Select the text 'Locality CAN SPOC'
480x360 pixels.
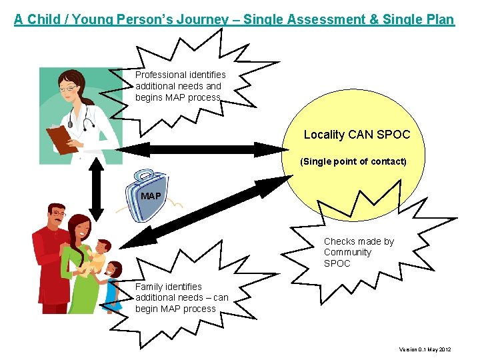(357, 135)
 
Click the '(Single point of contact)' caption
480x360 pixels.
(353, 161)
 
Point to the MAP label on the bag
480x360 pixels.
(151, 196)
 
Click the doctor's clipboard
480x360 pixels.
(61, 138)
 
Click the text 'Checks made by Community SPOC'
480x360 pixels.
(358, 252)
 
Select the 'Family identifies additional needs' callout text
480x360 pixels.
(181, 297)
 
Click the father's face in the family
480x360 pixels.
(57, 217)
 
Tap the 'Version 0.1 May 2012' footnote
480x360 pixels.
(425, 349)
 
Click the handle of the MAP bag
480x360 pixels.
(144, 176)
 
